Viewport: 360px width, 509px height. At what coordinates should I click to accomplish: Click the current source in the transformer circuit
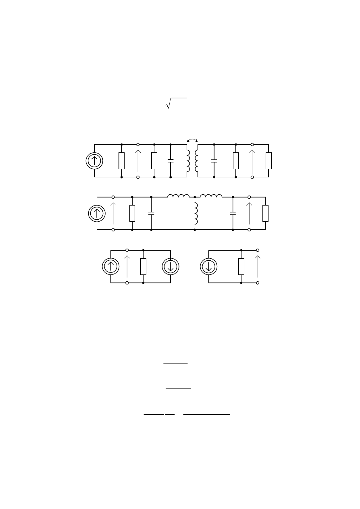click(94, 161)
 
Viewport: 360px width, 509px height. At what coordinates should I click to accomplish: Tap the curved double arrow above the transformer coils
click(192, 139)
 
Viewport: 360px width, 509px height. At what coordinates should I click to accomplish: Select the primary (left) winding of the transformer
click(188, 161)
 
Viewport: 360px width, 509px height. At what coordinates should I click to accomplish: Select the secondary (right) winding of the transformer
click(196, 161)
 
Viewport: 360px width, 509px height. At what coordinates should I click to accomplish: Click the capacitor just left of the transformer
click(171, 161)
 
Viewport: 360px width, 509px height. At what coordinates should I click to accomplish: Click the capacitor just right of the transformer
click(214, 161)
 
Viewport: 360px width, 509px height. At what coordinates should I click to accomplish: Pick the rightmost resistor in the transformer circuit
click(268, 161)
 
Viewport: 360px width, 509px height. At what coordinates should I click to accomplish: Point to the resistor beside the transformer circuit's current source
click(121, 161)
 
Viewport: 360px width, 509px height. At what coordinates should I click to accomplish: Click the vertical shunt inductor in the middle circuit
click(196, 214)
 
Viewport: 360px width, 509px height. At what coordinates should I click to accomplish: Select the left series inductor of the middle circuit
click(179, 196)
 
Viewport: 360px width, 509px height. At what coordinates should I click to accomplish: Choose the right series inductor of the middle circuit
click(211, 196)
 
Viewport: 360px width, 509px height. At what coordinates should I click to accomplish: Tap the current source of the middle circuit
click(97, 214)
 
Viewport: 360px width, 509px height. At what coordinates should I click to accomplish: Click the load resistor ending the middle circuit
click(265, 214)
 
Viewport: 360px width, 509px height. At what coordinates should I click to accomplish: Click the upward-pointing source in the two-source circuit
click(110, 266)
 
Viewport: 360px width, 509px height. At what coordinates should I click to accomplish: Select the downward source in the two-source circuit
click(171, 266)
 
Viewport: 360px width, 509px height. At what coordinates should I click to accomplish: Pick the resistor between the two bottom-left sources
click(144, 266)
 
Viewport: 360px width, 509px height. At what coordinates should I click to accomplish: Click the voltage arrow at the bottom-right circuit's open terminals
click(258, 266)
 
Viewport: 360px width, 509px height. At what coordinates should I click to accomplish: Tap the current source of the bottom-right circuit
click(209, 266)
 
